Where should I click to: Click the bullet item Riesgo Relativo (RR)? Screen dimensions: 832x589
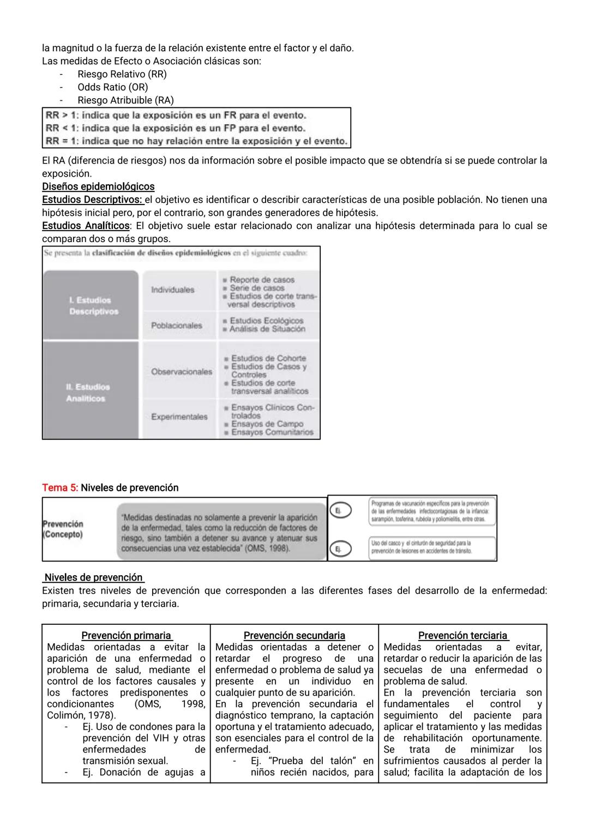click(x=122, y=74)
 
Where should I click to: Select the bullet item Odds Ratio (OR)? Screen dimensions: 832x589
click(x=112, y=87)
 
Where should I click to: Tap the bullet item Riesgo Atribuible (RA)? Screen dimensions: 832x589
click(x=125, y=100)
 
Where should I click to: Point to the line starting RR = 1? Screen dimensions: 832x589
click(x=196, y=141)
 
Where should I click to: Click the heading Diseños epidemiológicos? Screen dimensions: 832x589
click(x=98, y=186)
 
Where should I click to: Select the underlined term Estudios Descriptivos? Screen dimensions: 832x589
click(x=93, y=200)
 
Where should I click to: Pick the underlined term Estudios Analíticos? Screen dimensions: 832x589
click(x=86, y=226)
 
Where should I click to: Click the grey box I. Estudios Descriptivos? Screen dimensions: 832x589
click(x=90, y=305)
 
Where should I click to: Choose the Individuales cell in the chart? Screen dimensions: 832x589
click(x=173, y=290)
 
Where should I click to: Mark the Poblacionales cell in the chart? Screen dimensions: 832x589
click(x=177, y=325)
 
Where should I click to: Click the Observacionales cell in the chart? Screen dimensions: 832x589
click(x=182, y=372)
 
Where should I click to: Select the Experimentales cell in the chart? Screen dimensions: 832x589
click(x=179, y=417)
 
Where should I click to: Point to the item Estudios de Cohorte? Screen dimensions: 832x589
click(x=268, y=358)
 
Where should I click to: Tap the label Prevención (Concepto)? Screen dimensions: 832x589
click(x=63, y=529)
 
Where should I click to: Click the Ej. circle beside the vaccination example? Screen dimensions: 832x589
click(x=340, y=510)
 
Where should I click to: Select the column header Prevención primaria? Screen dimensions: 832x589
click(x=127, y=636)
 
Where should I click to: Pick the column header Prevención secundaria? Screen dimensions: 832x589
click(x=294, y=636)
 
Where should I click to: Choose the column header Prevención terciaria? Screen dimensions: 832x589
click(x=463, y=636)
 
